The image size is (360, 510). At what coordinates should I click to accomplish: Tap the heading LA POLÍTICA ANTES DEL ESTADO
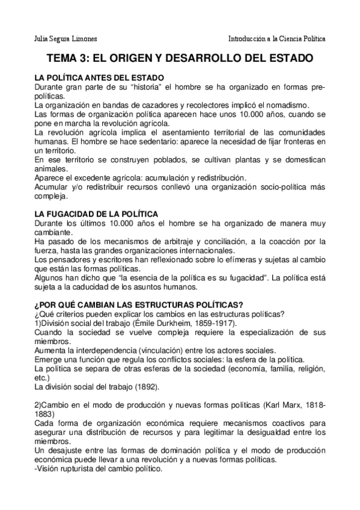99,78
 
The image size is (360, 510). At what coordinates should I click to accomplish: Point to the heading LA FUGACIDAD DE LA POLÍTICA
96,214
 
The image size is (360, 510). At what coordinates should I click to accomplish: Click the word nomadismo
287,104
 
